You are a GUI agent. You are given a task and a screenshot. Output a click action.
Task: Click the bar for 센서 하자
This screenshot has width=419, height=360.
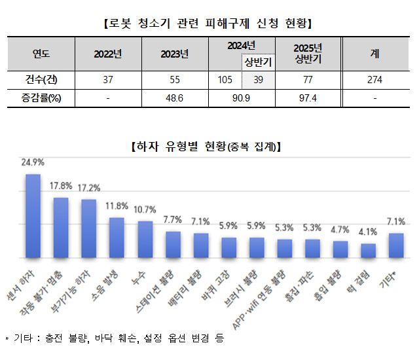click(x=33, y=216)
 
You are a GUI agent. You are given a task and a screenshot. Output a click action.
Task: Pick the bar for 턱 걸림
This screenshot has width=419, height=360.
click(x=369, y=251)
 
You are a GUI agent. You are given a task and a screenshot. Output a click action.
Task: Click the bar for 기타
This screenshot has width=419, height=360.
click(x=397, y=245)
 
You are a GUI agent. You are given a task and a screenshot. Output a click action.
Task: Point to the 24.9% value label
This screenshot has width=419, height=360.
click(x=33, y=162)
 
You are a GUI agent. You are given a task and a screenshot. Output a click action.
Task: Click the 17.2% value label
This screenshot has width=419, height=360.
click(x=89, y=187)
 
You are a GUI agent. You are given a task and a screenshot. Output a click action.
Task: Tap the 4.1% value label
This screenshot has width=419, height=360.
click(x=369, y=232)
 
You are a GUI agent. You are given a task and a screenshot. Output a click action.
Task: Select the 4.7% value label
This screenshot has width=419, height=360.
click(x=340, y=229)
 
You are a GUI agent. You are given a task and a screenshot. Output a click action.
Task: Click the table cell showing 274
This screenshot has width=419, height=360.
click(x=374, y=80)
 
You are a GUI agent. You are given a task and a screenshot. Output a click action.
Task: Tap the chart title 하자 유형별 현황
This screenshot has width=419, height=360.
click(x=208, y=146)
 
